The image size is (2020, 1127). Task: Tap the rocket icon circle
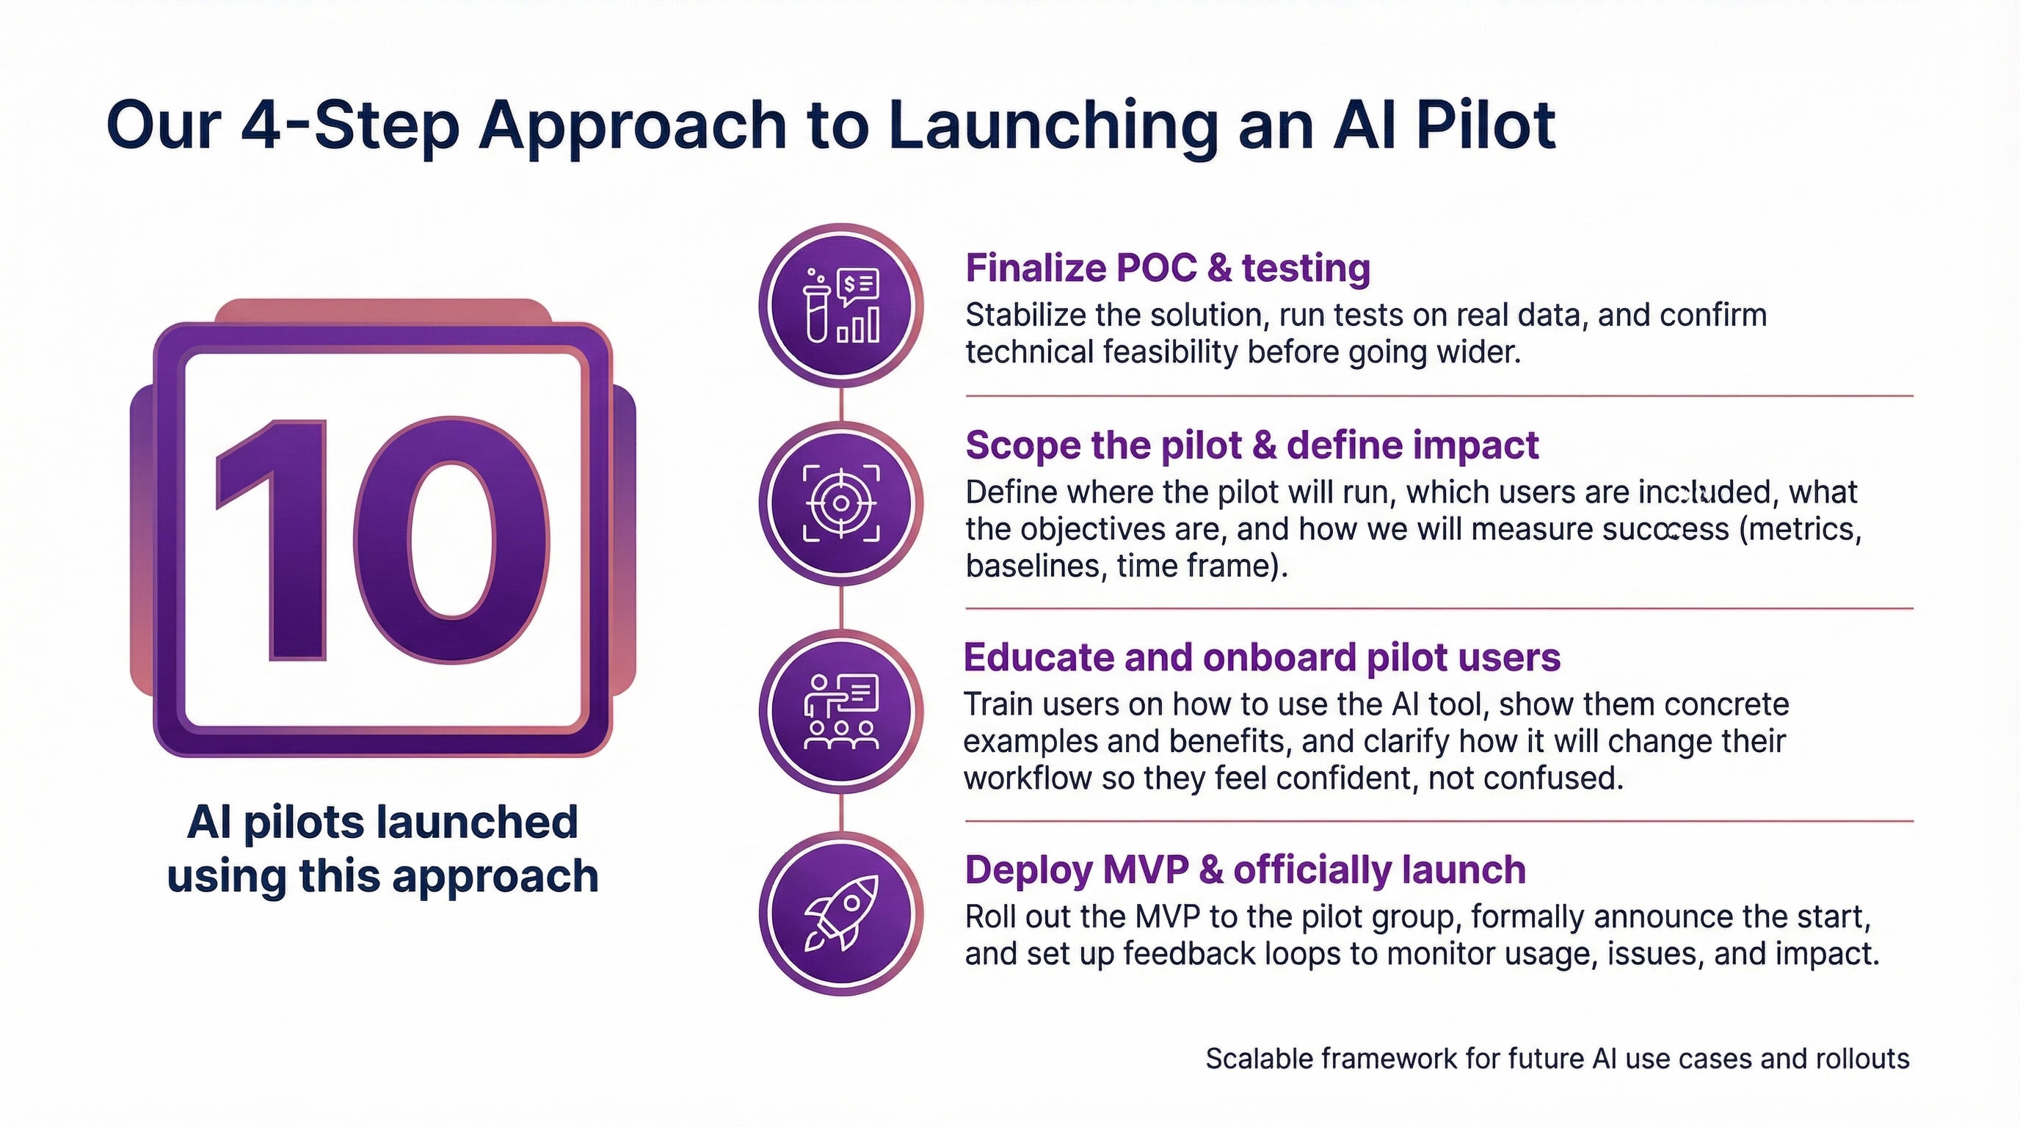pyautogui.click(x=840, y=913)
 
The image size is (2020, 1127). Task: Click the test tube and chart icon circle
pyautogui.click(x=840, y=306)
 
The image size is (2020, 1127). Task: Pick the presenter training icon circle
pyautogui.click(x=840, y=712)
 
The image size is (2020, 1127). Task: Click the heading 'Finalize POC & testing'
pyautogui.click(x=1168, y=268)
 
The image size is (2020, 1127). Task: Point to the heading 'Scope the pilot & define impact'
pyautogui.click(x=1251, y=445)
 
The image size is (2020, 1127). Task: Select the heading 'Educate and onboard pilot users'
pyautogui.click(x=1262, y=657)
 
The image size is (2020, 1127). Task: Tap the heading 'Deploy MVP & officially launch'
pyautogui.click(x=1245, y=870)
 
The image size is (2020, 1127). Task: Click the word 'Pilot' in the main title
pyautogui.click(x=1485, y=125)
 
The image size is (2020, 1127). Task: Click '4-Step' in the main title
pyautogui.click(x=349, y=125)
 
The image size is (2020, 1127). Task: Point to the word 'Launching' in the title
pyautogui.click(x=1053, y=125)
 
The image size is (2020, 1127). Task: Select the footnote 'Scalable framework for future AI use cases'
pyautogui.click(x=1558, y=1059)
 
